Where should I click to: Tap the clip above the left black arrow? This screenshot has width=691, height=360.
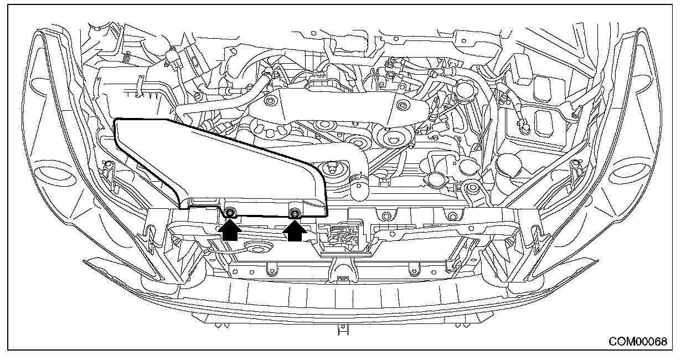click(x=230, y=213)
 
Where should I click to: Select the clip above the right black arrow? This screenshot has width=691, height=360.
click(x=295, y=213)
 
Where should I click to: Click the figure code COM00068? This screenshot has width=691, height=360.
click(x=638, y=342)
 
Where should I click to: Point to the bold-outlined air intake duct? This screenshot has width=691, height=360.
click(x=216, y=167)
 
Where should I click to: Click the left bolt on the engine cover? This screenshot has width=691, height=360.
click(x=271, y=101)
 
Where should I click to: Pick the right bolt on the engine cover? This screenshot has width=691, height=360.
click(x=401, y=105)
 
